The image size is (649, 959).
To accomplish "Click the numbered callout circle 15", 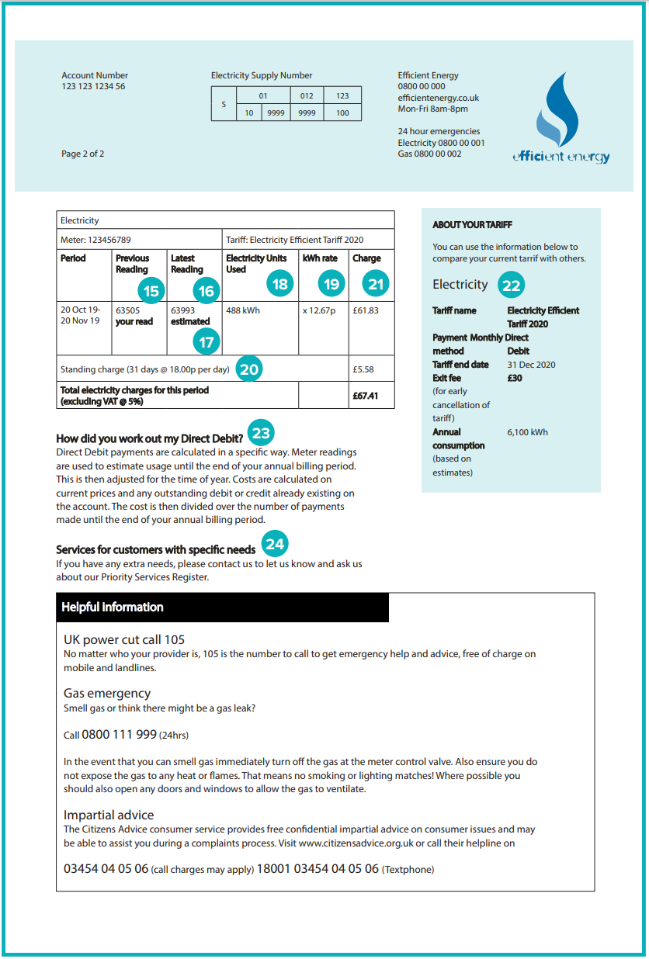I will pyautogui.click(x=151, y=291).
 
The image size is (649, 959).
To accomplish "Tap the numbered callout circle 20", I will pyautogui.click(x=248, y=369).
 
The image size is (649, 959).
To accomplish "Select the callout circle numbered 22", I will pyautogui.click(x=511, y=286).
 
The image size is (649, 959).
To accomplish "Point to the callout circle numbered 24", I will pyautogui.click(x=275, y=544).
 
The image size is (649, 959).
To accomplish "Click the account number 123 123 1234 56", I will pyautogui.click(x=93, y=87).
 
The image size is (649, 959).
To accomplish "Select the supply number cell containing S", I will pyautogui.click(x=224, y=104).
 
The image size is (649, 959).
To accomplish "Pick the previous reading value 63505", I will pyautogui.click(x=128, y=310).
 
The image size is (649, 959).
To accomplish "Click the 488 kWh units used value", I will pyautogui.click(x=243, y=310).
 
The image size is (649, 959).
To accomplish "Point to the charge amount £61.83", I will pyautogui.click(x=366, y=310).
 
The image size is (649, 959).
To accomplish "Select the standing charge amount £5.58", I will pyautogui.click(x=363, y=370).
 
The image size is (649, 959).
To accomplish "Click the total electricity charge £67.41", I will pyautogui.click(x=365, y=396).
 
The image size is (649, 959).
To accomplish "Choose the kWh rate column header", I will pyautogui.click(x=320, y=258).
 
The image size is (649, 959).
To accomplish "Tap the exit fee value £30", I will pyautogui.click(x=515, y=379).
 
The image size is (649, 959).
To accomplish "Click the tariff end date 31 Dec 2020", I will pyautogui.click(x=531, y=365).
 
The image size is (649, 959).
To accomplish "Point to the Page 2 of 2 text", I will pyautogui.click(x=82, y=154).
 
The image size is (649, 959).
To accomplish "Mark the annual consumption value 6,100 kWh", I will pyautogui.click(x=527, y=432).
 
